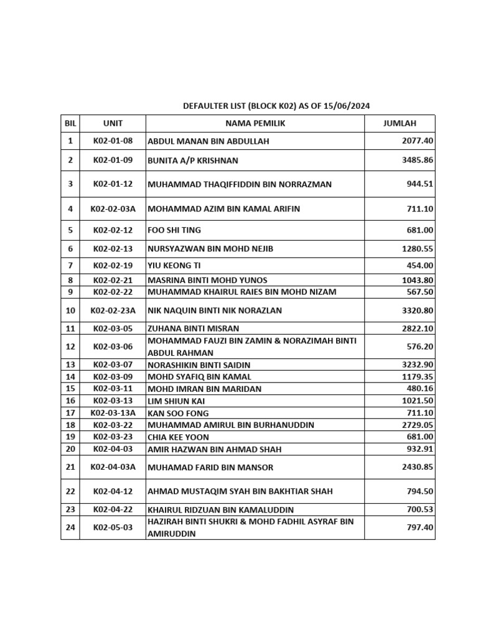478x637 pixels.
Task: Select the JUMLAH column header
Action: tap(400, 123)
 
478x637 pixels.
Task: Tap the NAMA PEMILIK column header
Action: tap(255, 123)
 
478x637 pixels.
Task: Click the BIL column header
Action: tap(70, 123)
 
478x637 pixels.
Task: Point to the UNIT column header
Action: tap(113, 123)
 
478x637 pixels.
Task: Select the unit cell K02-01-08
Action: tap(113, 141)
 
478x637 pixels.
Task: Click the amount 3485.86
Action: tap(417, 160)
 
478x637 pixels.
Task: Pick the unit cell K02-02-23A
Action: tap(113, 310)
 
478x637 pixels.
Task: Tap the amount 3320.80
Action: tap(417, 310)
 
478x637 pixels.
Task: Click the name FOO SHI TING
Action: tap(174, 230)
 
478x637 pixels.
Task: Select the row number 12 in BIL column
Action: tap(70, 346)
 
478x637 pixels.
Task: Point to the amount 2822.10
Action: tap(417, 328)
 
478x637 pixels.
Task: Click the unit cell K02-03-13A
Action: tap(113, 413)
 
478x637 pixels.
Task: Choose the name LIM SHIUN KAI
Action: tap(176, 401)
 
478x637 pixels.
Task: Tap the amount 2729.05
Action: tap(417, 425)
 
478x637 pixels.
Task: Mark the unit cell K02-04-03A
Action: tap(113, 467)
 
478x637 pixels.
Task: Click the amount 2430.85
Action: tap(417, 467)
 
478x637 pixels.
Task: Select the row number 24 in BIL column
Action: tap(70, 528)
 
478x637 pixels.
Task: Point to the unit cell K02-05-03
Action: tap(113, 528)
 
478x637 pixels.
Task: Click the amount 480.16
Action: tap(419, 389)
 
